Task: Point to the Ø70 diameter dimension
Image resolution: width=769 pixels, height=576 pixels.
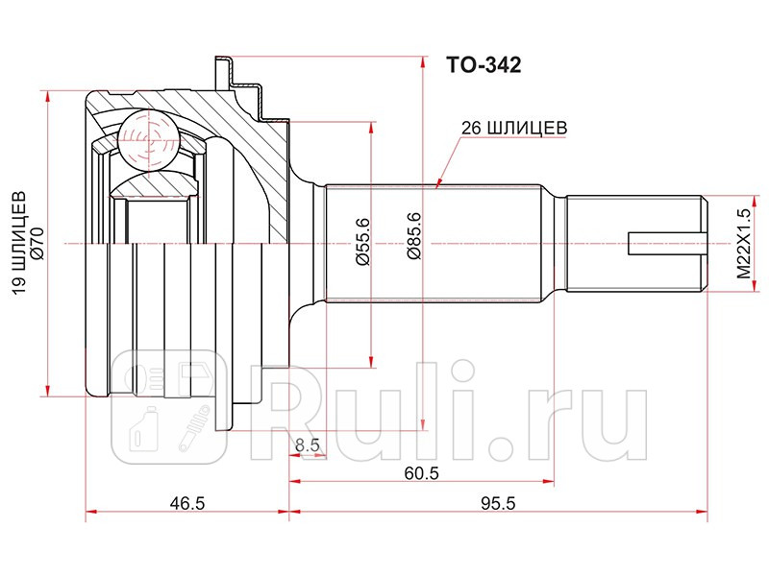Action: pyautogui.click(x=37, y=247)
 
